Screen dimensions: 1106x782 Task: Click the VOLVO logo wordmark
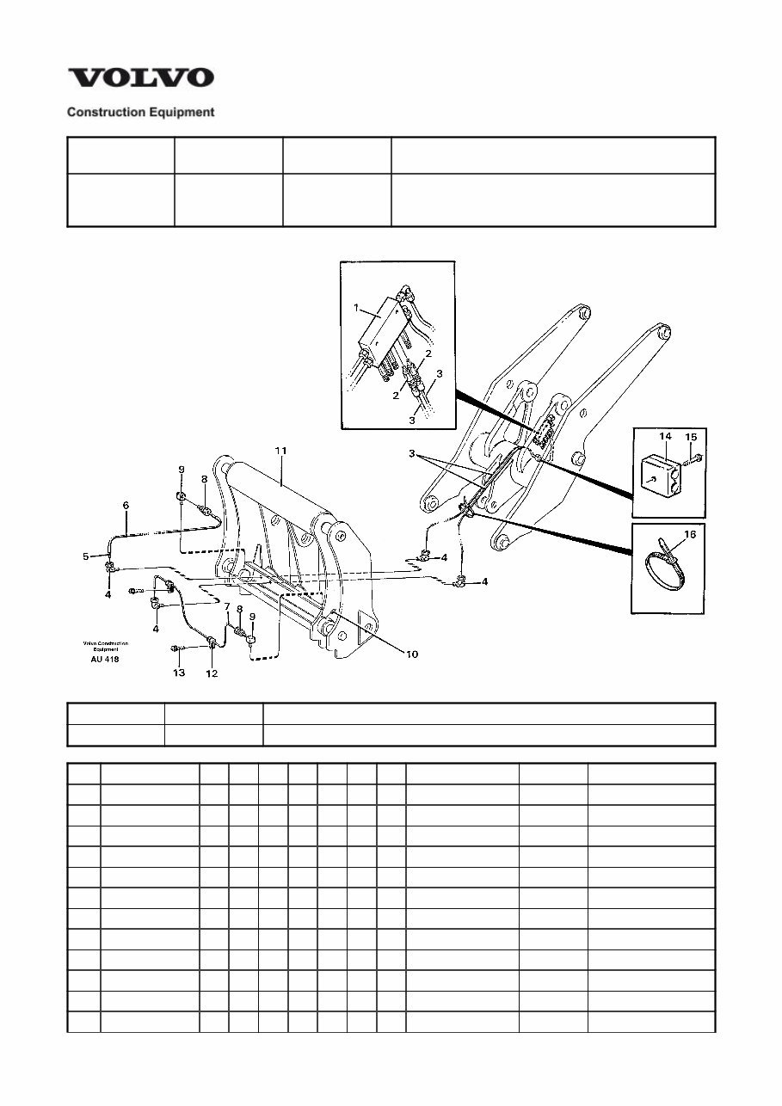[141, 78]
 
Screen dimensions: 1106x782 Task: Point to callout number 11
[280, 450]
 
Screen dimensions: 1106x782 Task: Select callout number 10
[412, 654]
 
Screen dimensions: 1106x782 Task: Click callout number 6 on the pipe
[126, 506]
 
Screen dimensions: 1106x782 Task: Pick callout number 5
[85, 556]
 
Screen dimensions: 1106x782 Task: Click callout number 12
[212, 673]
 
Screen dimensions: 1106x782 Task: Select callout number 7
[227, 607]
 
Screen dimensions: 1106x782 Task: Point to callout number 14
[665, 436]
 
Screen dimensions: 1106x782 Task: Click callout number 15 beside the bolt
[691, 436]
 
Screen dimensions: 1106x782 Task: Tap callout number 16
[689, 535]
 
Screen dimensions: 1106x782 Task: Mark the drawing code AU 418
[105, 660]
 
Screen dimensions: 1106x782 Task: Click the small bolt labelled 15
[695, 457]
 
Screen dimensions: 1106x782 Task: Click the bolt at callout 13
[176, 648]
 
